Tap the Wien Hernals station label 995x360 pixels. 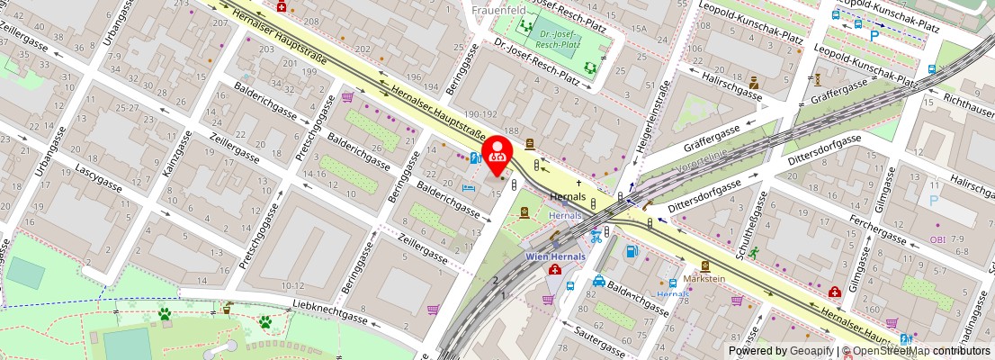(x=555, y=256)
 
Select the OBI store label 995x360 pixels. (x=937, y=239)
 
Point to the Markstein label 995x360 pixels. (x=704, y=279)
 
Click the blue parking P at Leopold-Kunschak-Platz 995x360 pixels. (x=874, y=36)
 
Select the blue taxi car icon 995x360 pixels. (x=599, y=282)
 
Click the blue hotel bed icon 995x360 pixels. (x=468, y=187)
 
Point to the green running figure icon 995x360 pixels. (x=752, y=253)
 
